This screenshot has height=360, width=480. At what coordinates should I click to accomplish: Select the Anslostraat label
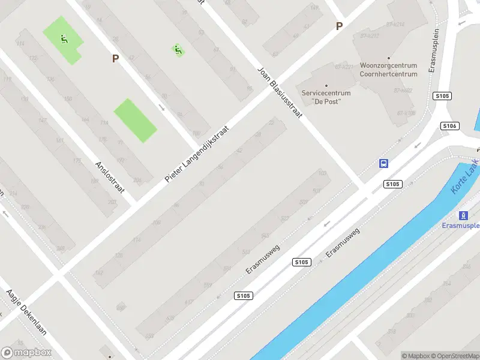110,176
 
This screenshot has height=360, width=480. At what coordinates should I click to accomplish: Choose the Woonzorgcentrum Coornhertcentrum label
388,70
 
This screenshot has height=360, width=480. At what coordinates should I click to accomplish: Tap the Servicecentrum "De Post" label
326,97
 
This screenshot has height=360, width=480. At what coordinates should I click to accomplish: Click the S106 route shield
449,125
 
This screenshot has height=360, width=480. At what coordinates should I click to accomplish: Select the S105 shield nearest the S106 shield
442,96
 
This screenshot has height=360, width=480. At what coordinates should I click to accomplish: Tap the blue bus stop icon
383,163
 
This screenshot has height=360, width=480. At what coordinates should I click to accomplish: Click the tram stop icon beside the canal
463,215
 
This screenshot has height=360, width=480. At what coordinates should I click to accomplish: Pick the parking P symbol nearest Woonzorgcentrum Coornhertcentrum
339,26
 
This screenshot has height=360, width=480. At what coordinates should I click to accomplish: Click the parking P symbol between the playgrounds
116,58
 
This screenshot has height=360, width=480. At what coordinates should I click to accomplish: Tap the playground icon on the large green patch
63,40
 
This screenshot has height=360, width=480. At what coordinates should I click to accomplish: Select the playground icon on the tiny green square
178,50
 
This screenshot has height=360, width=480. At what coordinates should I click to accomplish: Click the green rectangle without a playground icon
135,120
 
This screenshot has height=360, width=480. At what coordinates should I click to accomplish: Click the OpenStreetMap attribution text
457,356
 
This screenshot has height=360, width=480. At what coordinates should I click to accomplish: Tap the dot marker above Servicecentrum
326,85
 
